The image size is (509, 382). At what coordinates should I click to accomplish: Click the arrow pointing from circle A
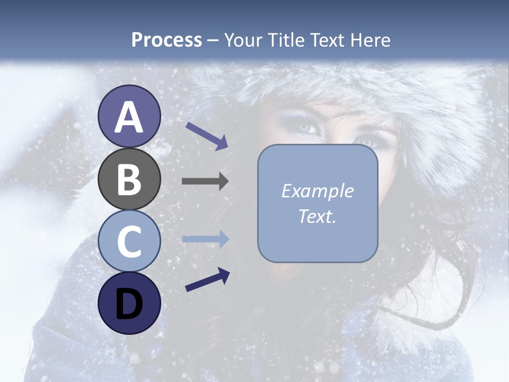[207, 135]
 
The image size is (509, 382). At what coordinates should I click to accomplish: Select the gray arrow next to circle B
[205, 181]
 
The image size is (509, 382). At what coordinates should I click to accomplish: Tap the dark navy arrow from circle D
[207, 280]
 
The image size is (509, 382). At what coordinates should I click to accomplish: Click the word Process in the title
[166, 40]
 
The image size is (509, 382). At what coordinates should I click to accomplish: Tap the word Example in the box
[318, 191]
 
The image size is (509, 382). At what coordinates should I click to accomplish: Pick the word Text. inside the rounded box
[318, 216]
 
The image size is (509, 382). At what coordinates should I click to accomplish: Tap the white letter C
[129, 241]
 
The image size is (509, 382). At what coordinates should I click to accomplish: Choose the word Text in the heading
[326, 40]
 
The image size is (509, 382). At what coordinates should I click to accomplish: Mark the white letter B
[129, 179]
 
